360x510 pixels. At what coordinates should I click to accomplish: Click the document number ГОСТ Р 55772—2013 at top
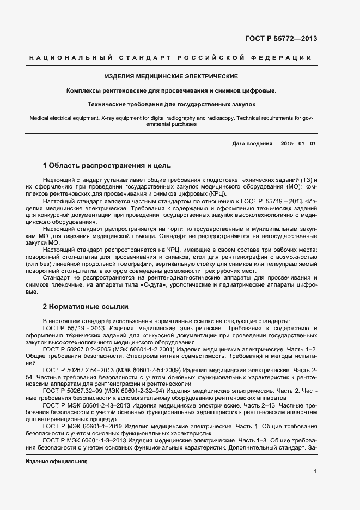pyautogui.click(x=281, y=39)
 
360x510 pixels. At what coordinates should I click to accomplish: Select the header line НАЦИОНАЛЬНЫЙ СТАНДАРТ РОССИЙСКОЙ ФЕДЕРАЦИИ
pyautogui.click(x=171, y=58)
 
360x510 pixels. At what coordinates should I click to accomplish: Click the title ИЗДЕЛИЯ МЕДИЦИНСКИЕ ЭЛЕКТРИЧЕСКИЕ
pyautogui.click(x=171, y=76)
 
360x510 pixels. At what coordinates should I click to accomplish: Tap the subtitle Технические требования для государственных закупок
pyautogui.click(x=171, y=103)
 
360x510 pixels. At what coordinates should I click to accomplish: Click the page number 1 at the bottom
pyautogui.click(x=315, y=471)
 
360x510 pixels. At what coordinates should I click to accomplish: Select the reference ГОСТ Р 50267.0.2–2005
pyautogui.click(x=79, y=349)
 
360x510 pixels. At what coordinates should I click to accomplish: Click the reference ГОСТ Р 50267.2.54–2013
pyautogui.click(x=81, y=370)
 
